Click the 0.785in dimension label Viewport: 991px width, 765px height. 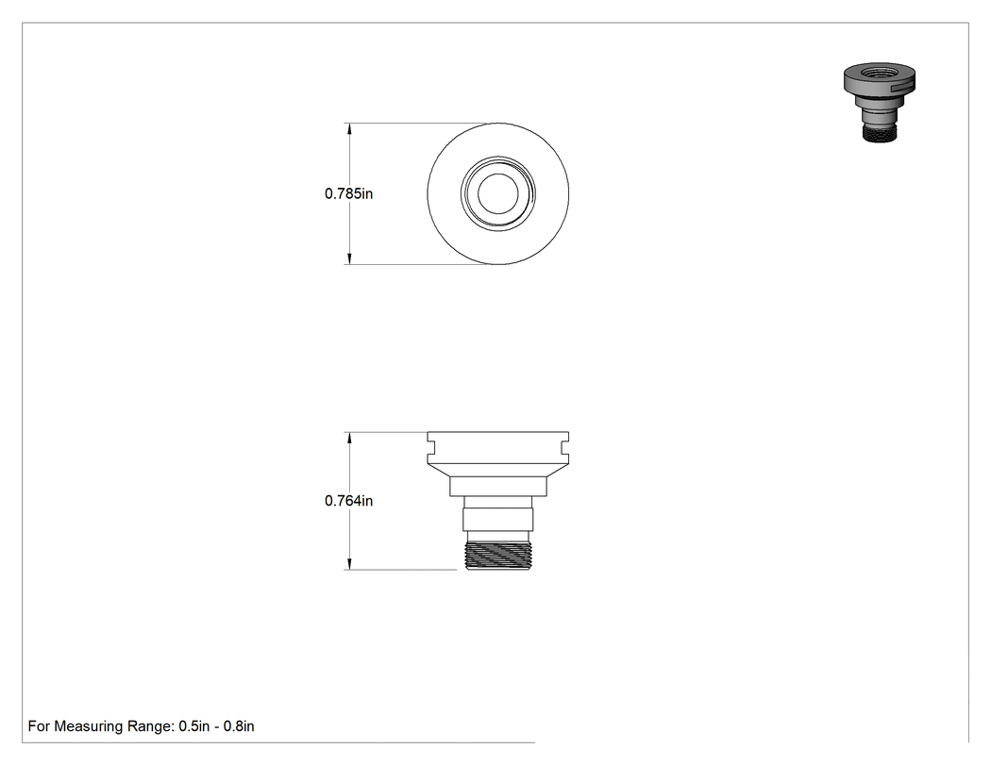[x=349, y=194]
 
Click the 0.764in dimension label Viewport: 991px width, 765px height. [x=349, y=501]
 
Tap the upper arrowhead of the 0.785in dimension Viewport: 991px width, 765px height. [x=349, y=129]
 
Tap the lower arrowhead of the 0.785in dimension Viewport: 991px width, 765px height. [x=349, y=258]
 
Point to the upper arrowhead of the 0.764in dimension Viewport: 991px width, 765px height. [x=349, y=438]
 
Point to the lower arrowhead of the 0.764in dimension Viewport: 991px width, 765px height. [x=349, y=563]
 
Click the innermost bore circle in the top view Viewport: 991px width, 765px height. [x=498, y=174]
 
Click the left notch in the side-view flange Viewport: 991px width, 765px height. [x=430, y=446]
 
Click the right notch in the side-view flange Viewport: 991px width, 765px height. [x=565, y=446]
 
